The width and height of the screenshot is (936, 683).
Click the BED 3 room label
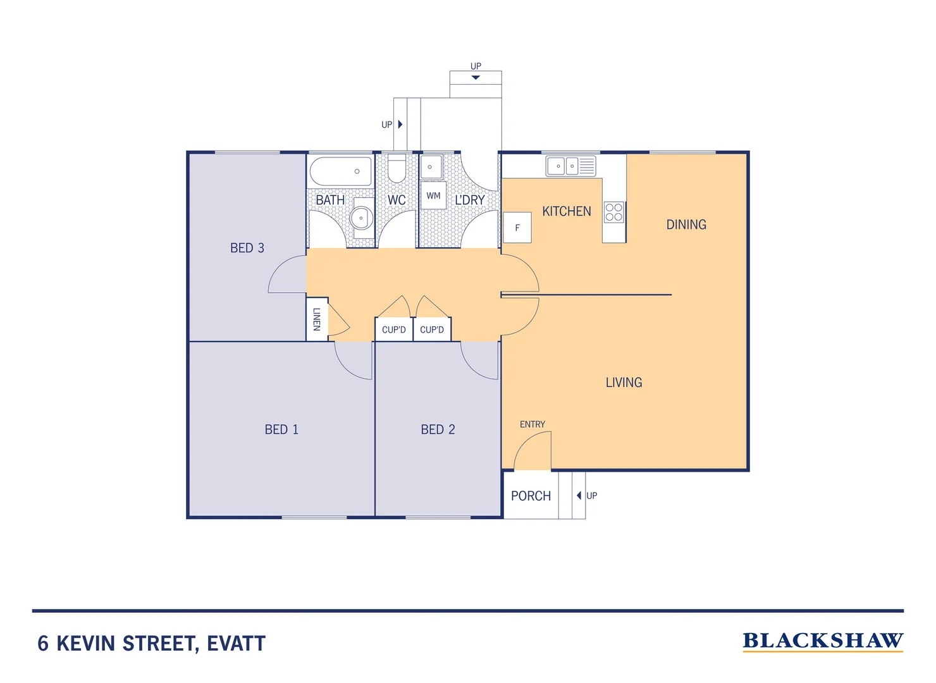pos(247,248)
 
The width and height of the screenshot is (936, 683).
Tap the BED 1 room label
pos(281,429)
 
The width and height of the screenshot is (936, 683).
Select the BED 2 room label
pos(438,429)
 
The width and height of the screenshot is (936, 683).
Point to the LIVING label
pos(624,383)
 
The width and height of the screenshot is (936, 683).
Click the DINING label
pos(686,225)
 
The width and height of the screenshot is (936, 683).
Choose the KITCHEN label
pos(567,211)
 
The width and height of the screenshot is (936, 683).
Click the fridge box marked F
pos(517,228)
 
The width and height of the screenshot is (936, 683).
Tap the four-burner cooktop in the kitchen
pos(614,212)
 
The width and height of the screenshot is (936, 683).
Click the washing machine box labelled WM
pos(433,195)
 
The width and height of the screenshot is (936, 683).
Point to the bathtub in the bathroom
pos(341,171)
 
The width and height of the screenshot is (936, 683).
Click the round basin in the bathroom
pos(361,218)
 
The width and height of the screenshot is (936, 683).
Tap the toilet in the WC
pos(397,168)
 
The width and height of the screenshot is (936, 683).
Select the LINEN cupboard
pos(317,319)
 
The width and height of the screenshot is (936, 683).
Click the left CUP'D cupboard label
pos(394,329)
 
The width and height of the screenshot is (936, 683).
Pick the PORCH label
pos(531,496)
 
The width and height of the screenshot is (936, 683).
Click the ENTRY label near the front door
pos(533,424)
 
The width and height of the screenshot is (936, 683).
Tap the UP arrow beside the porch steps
pos(579,496)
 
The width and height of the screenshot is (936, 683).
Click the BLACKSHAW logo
pos(823,641)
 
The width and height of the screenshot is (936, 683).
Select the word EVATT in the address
pos(237,644)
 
